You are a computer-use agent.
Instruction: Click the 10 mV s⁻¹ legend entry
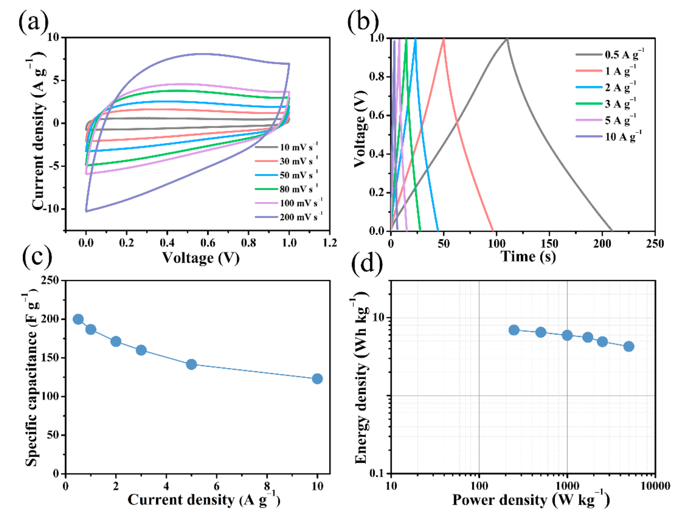(x=287, y=147)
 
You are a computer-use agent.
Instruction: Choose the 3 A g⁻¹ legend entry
(x=606, y=103)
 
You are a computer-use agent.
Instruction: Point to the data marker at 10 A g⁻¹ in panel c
(x=317, y=379)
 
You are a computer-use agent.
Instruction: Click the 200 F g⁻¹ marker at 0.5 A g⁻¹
(x=78, y=319)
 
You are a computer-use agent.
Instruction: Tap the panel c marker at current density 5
(x=191, y=364)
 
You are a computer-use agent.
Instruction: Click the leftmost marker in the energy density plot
(x=514, y=330)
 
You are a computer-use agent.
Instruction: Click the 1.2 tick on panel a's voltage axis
(x=330, y=243)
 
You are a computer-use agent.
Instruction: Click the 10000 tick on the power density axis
(x=655, y=486)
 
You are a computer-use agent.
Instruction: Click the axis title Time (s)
(x=528, y=257)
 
